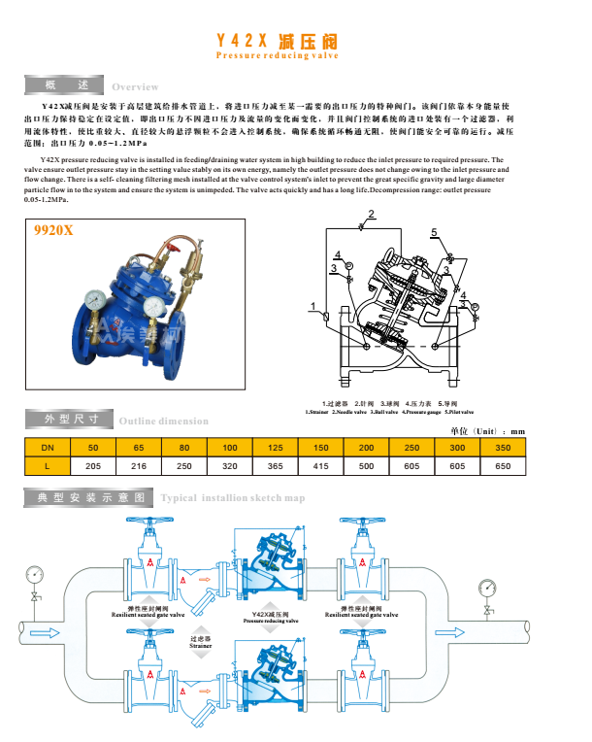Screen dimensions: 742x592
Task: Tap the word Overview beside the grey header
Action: pyautogui.click(x=135, y=87)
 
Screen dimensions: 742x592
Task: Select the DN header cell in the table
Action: pyautogui.click(x=47, y=447)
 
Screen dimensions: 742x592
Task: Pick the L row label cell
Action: pyautogui.click(x=47, y=465)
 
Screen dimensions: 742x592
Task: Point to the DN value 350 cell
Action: pyautogui.click(x=502, y=447)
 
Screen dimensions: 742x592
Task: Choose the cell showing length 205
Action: pyautogui.click(x=93, y=465)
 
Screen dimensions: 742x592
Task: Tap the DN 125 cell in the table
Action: pyautogui.click(x=275, y=447)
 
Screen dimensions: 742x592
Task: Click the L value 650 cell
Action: pyautogui.click(x=502, y=465)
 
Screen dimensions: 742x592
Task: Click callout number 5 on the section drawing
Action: pyautogui.click(x=435, y=231)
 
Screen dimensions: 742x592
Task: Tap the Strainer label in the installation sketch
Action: pyautogui.click(x=201, y=641)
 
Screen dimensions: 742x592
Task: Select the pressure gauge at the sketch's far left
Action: pyautogui.click(x=35, y=574)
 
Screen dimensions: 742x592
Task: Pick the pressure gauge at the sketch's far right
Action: pyautogui.click(x=486, y=587)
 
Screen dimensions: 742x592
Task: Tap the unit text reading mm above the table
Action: pyautogui.click(x=517, y=430)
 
